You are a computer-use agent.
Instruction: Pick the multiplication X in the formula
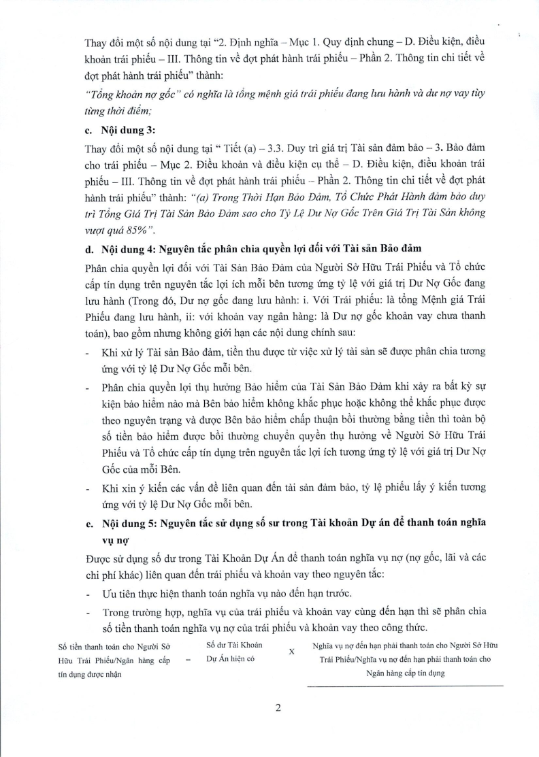click(291, 650)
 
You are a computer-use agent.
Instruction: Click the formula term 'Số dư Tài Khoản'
click(233, 643)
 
